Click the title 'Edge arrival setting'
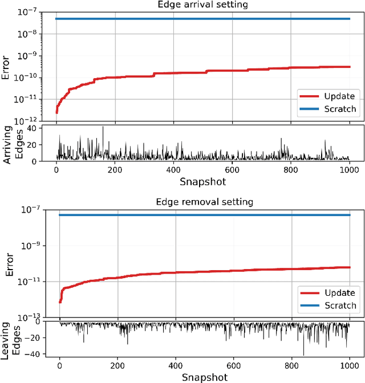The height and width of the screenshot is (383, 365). (202, 6)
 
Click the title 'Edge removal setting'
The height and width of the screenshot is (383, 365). (204, 202)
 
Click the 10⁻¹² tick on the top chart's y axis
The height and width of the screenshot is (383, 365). (28, 121)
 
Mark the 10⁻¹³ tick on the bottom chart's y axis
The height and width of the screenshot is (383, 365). (28, 317)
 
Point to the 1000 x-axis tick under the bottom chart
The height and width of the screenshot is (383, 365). (349, 366)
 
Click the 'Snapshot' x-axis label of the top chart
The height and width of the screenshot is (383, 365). (202, 182)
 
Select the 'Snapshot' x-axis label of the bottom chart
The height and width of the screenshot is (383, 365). (204, 377)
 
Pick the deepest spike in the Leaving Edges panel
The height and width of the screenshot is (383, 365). (303, 355)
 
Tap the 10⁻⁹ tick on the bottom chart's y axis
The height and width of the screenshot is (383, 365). (28, 246)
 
